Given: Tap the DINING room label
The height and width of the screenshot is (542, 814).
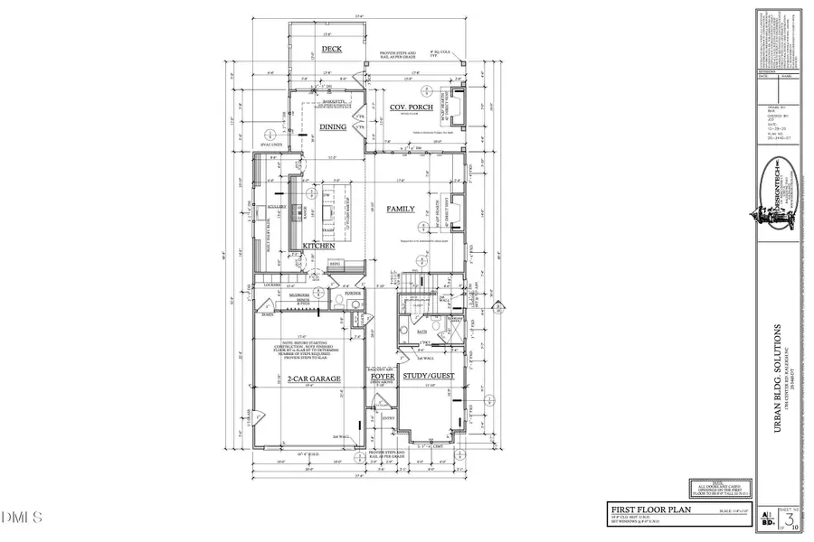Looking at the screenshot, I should (332, 127).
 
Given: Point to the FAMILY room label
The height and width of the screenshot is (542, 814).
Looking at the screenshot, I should (401, 209).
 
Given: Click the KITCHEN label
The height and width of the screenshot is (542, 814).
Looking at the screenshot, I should (318, 246).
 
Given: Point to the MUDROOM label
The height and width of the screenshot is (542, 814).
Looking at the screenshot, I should (300, 294).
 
